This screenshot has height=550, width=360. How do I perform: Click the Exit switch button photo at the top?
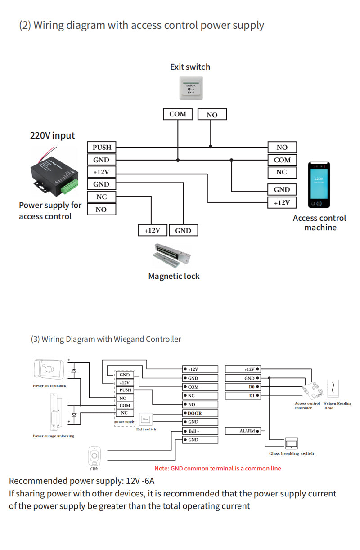(x=191, y=88)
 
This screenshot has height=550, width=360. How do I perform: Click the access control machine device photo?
(x=319, y=185)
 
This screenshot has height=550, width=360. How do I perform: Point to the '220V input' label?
(x=52, y=135)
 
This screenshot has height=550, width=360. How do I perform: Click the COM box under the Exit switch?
(x=178, y=114)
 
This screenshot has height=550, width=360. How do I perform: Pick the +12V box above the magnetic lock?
(x=153, y=230)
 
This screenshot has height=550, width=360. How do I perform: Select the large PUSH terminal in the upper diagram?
(x=102, y=147)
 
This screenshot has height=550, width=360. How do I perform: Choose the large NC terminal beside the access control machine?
(x=282, y=172)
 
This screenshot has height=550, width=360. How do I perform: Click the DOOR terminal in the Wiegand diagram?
(x=200, y=413)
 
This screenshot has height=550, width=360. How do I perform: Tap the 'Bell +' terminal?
(x=200, y=431)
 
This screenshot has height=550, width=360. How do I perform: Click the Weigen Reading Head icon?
(x=333, y=389)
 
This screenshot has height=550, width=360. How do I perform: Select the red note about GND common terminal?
(x=217, y=469)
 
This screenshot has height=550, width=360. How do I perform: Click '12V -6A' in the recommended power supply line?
(x=140, y=481)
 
